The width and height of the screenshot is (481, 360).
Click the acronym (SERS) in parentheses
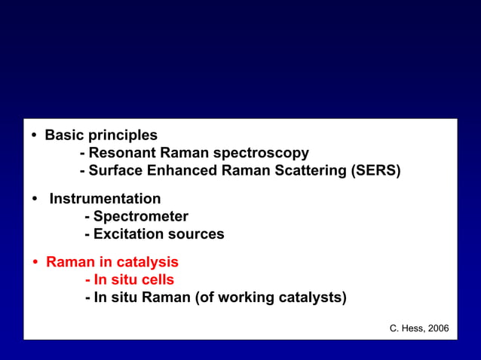pos(375,171)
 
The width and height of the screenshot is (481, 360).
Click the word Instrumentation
pos(105,199)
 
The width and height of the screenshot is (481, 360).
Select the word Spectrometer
pos(140,217)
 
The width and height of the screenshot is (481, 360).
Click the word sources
pos(198,234)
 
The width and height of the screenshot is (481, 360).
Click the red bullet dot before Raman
pos(35,263)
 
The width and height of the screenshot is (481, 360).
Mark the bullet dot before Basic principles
pos(35,136)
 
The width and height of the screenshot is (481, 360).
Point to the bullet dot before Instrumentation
pos(35,200)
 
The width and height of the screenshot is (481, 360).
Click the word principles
pos(123,136)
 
